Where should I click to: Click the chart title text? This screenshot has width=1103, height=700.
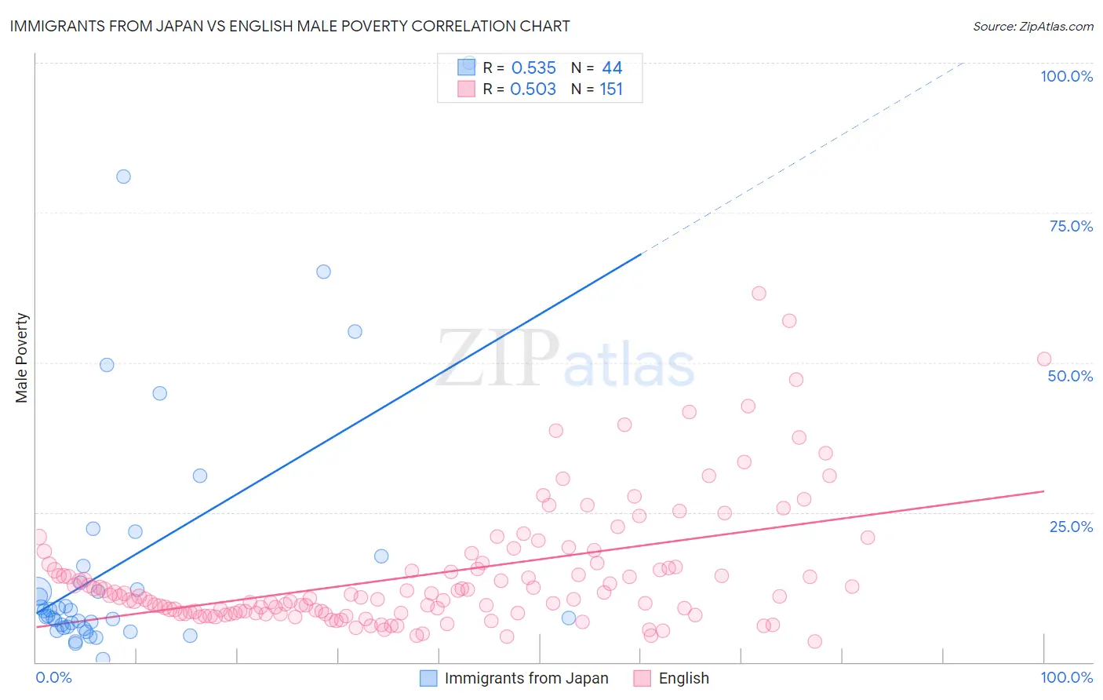pyautogui.click(x=289, y=26)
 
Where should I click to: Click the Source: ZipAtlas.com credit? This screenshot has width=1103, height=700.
pyautogui.click(x=1032, y=27)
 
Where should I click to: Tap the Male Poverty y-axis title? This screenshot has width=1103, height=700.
pyautogui.click(x=22, y=358)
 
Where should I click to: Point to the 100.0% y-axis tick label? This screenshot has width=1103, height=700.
pyautogui.click(x=1066, y=76)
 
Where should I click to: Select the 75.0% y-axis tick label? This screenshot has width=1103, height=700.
pyautogui.click(x=1071, y=226)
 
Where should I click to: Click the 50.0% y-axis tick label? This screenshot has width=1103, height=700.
pyautogui.click(x=1070, y=376)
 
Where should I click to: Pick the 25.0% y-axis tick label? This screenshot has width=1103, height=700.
pyautogui.click(x=1071, y=527)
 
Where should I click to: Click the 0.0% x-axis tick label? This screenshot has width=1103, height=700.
pyautogui.click(x=53, y=677)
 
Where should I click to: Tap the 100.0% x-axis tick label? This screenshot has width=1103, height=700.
pyautogui.click(x=1066, y=677)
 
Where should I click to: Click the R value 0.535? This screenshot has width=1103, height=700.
pyautogui.click(x=533, y=68)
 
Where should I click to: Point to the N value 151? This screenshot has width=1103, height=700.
pyautogui.click(x=611, y=89)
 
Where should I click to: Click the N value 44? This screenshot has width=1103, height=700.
pyautogui.click(x=612, y=68)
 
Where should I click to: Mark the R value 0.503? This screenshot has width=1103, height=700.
pyautogui.click(x=533, y=89)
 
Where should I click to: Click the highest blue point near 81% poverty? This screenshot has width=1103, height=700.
pyautogui.click(x=123, y=177)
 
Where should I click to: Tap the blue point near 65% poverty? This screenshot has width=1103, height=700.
pyautogui.click(x=323, y=272)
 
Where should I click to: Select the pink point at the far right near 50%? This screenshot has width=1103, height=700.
pyautogui.click(x=1044, y=359)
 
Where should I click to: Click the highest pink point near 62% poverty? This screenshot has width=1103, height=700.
pyautogui.click(x=759, y=293)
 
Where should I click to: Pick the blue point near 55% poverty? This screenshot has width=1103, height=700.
pyautogui.click(x=355, y=332)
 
